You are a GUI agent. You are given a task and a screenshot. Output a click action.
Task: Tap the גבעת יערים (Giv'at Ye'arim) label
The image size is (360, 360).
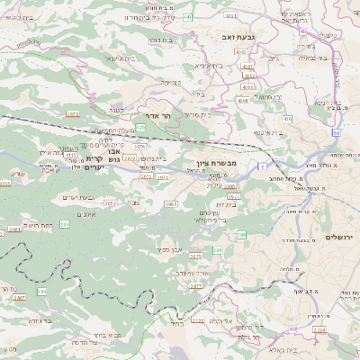pos(77,197)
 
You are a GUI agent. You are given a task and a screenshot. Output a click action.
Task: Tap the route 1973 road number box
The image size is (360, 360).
pos(73,114)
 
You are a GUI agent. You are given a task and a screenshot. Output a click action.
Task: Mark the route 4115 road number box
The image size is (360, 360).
pos(70,155)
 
